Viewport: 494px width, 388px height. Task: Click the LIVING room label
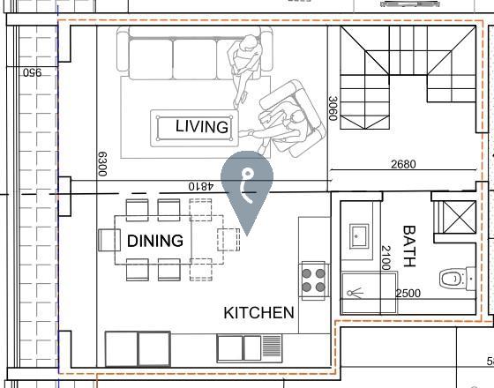point(202,127)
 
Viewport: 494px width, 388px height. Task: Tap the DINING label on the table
point(155,241)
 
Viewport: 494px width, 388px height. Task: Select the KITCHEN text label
point(258,313)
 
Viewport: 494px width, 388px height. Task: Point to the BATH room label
point(409,246)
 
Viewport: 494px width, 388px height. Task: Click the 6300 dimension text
point(102,164)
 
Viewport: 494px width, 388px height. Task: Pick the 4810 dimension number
point(201,186)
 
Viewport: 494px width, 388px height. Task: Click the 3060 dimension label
point(333,108)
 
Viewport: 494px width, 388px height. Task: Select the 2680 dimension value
point(403,164)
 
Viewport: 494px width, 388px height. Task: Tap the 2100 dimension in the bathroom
point(386,257)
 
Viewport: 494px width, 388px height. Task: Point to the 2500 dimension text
point(408,293)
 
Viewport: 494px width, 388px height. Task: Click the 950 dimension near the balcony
point(32,72)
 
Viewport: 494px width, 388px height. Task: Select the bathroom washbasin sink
point(358,236)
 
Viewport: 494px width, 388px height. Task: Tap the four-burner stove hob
point(313,280)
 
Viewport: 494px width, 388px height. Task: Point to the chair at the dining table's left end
point(109,240)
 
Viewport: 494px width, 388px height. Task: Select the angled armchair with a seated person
point(291,118)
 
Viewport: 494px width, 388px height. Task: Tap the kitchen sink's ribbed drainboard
point(272,346)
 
